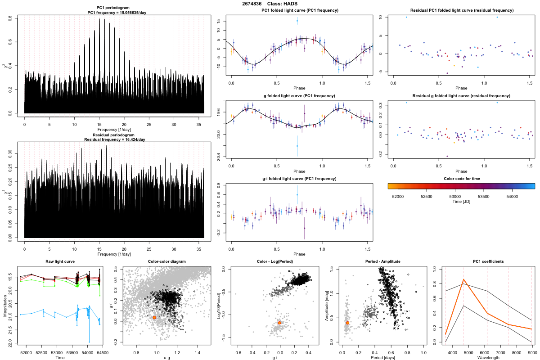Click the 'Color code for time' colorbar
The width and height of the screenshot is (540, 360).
point(461,185)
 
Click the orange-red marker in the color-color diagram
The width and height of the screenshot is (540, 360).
point(154,317)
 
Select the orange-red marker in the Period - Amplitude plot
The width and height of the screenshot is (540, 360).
point(347,323)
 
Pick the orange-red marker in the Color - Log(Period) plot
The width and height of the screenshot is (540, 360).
point(280,323)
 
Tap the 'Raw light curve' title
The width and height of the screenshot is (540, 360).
point(60,261)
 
